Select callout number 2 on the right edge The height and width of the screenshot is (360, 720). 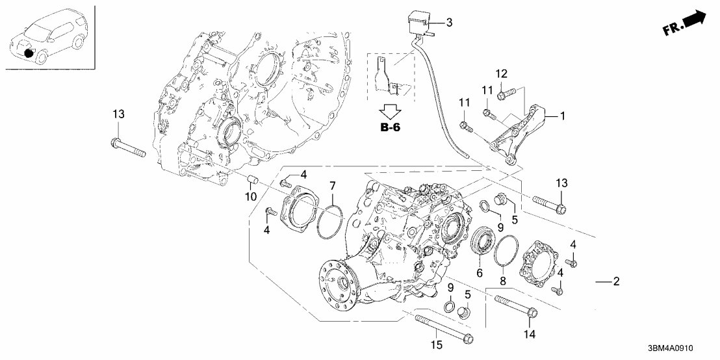616,281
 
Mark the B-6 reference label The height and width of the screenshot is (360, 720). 390,127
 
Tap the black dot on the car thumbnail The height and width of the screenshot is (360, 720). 29,51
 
